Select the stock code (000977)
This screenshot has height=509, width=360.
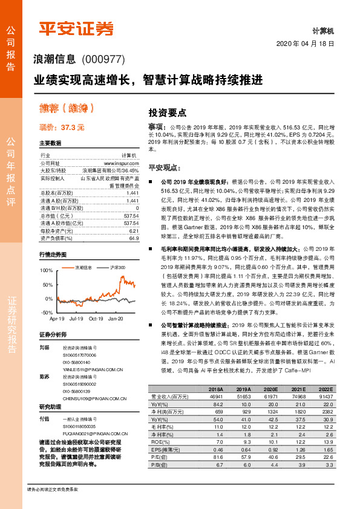[x=103, y=59]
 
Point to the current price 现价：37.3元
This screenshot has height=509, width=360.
[x=62, y=128]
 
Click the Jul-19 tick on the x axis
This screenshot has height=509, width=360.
[x=76, y=318]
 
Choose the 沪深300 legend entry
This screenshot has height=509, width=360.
[x=117, y=267]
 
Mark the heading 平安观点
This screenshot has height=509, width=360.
[x=165, y=167]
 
